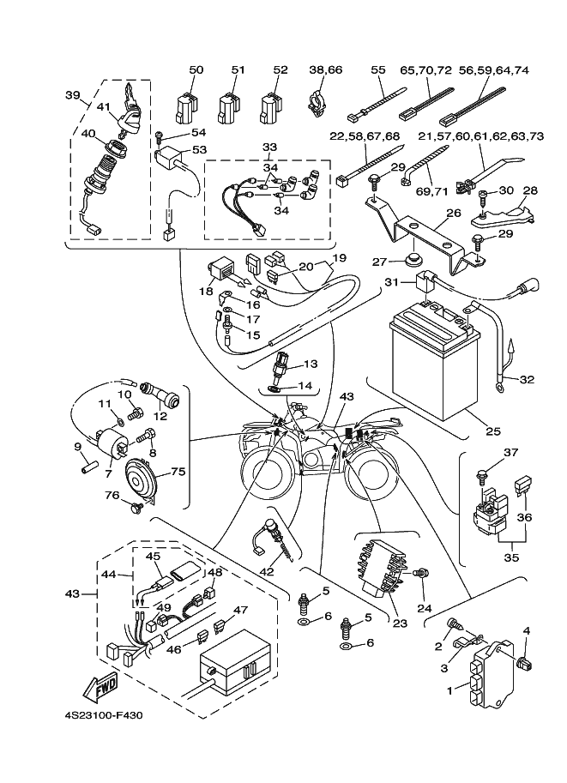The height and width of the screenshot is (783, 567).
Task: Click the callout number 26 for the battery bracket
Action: pos(453,214)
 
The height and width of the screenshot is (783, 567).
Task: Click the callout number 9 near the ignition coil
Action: pos(76,446)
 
